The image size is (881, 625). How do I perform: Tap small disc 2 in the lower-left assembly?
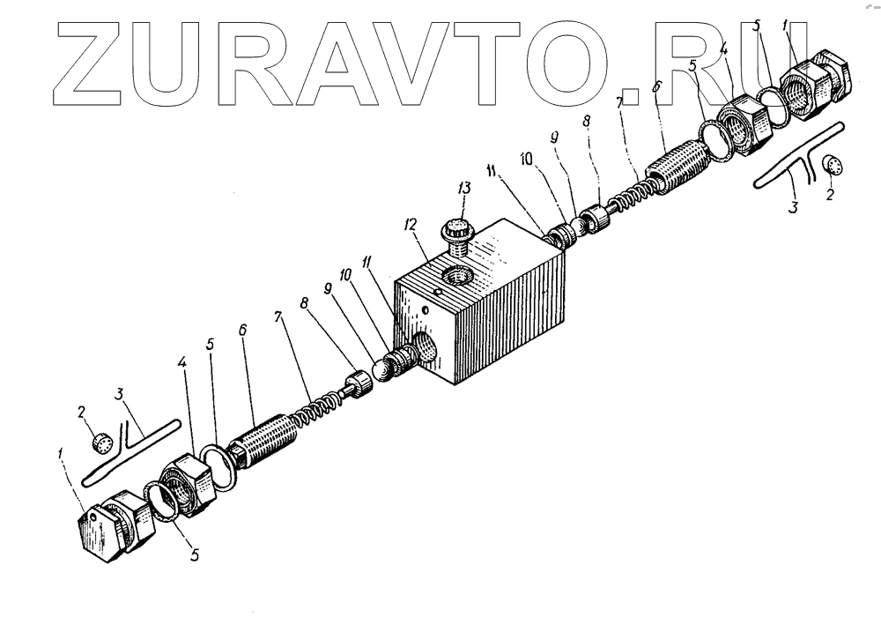(101, 441)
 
